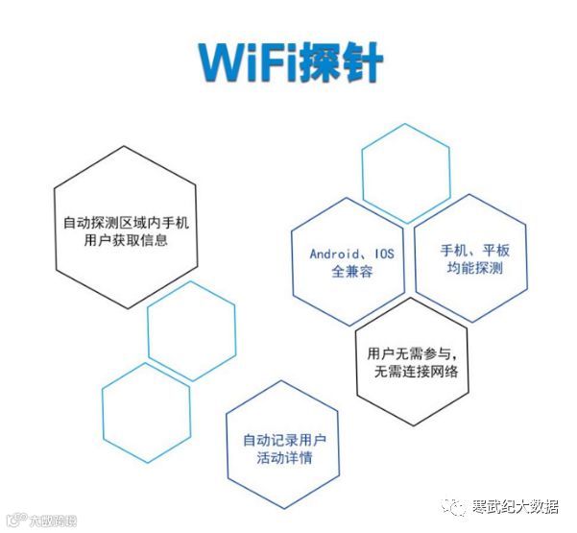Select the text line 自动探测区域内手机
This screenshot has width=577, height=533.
tap(126, 222)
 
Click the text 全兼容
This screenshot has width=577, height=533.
tap(352, 272)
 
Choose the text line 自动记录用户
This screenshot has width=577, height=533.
tap(284, 440)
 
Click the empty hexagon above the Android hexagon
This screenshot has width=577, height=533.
tap(405, 173)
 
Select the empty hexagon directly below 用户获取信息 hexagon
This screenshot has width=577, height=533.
tap(191, 329)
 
